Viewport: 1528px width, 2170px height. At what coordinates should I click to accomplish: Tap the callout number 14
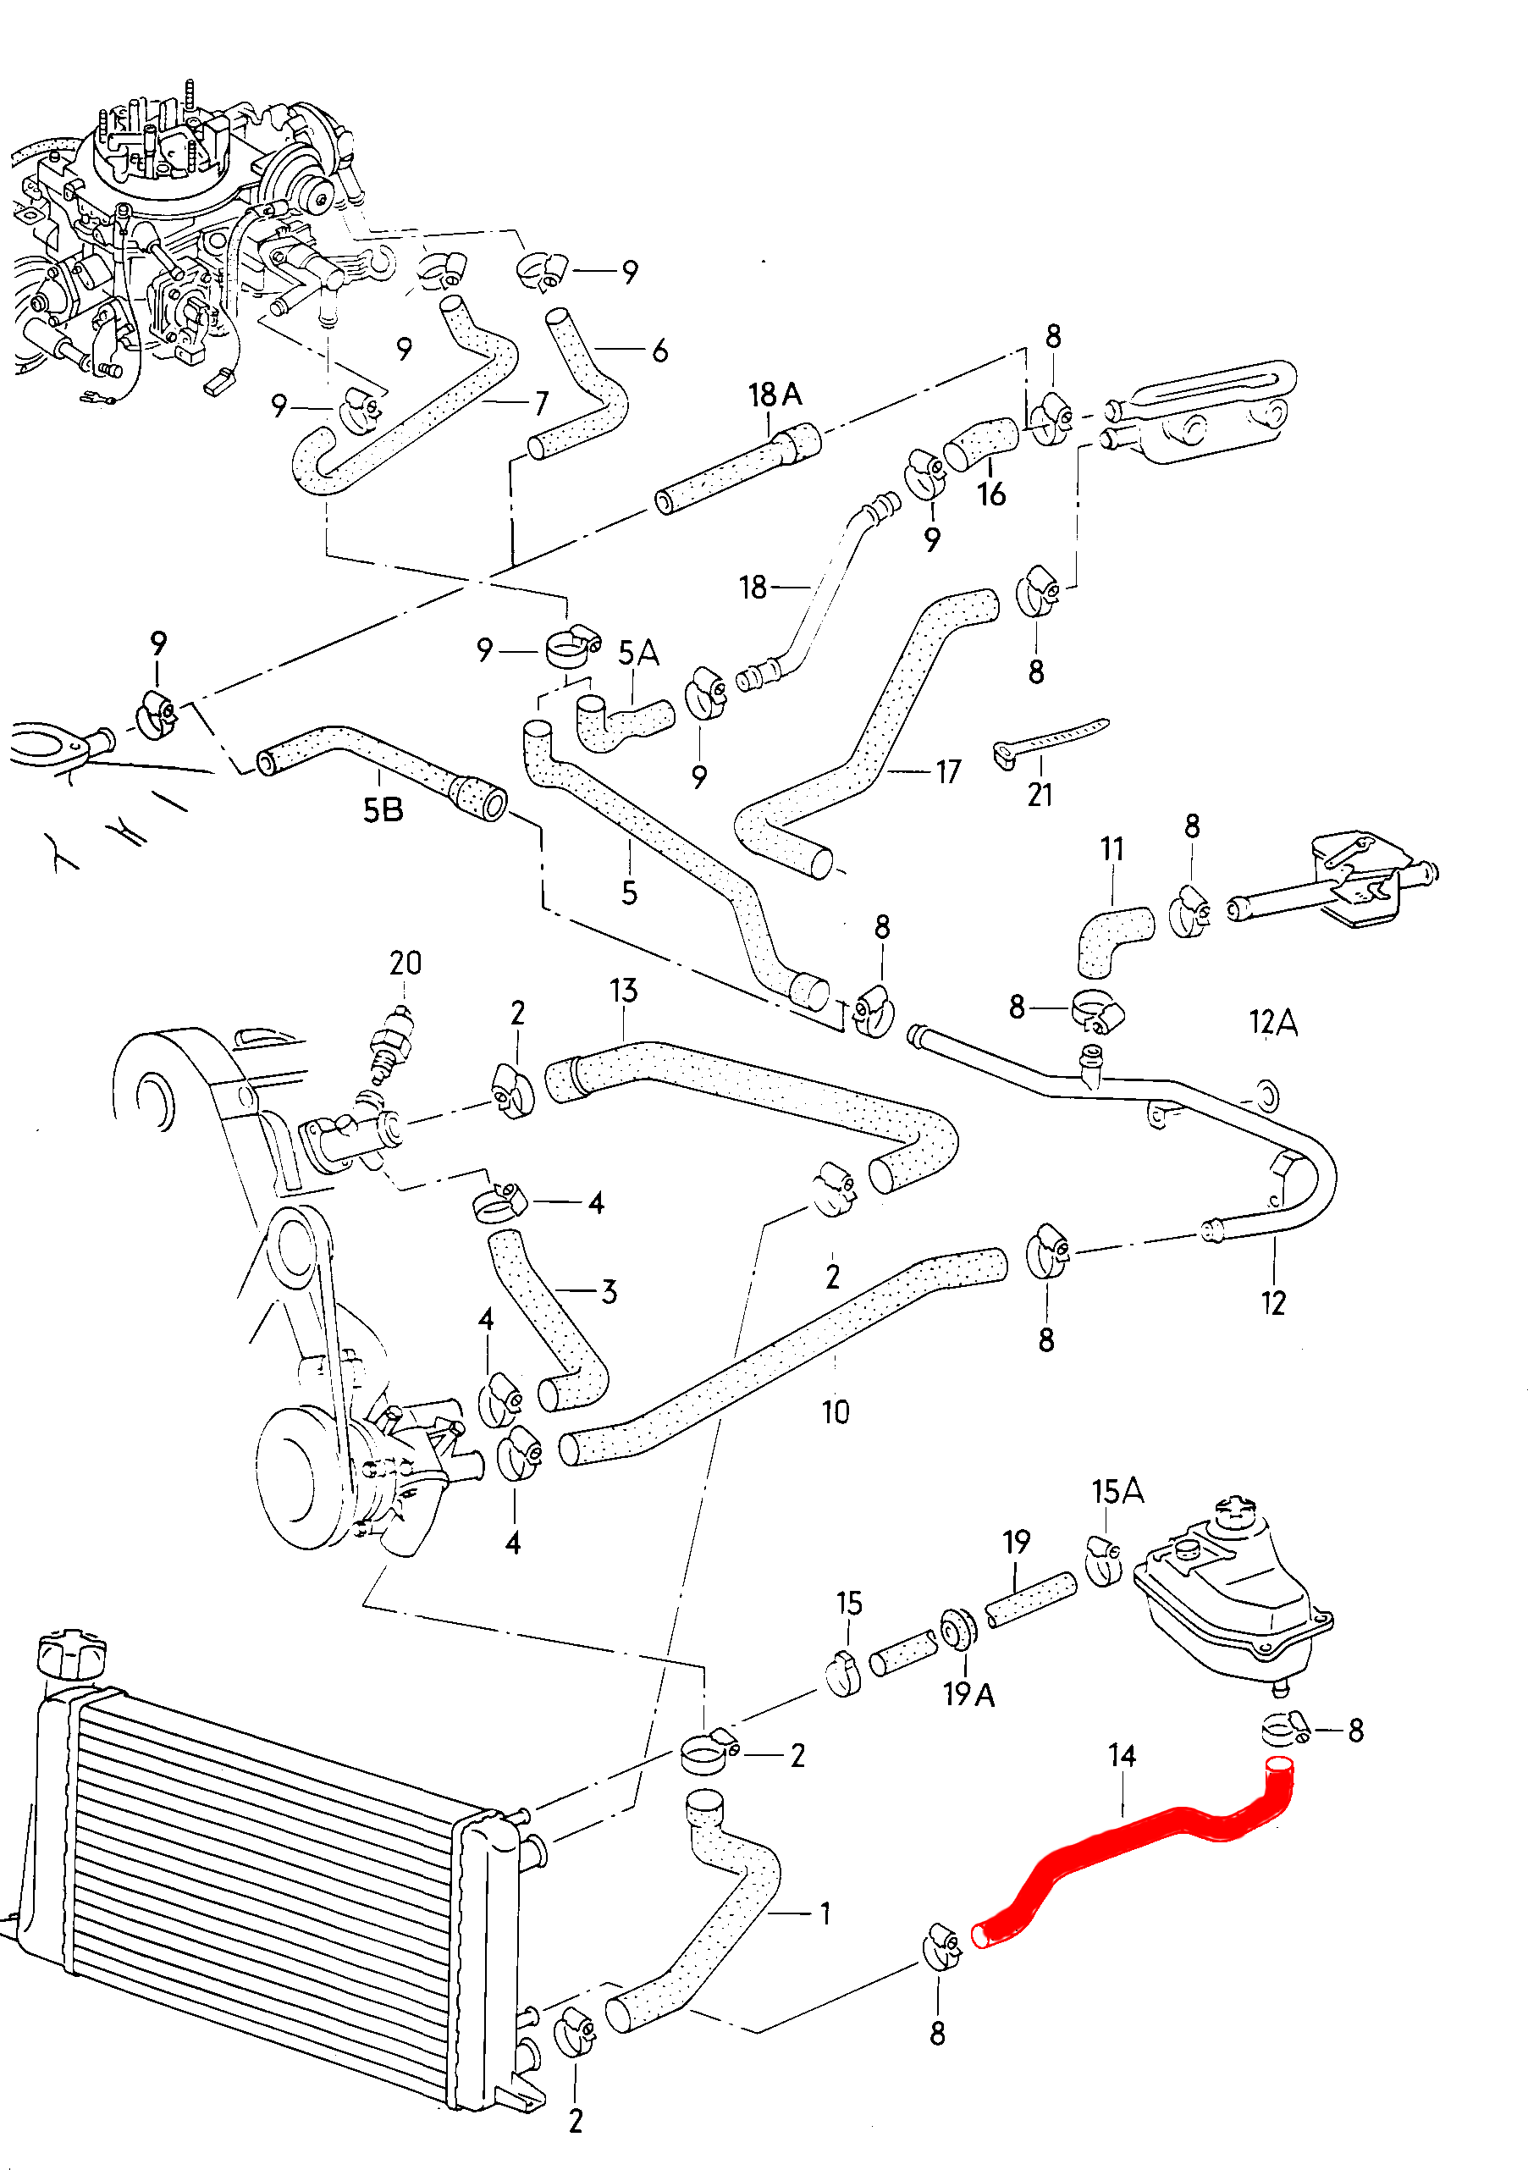click(1122, 1755)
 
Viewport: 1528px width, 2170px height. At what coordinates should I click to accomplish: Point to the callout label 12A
click(1273, 1022)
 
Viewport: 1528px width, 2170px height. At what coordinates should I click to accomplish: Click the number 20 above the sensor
click(405, 963)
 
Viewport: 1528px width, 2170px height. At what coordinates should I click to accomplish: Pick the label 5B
click(383, 810)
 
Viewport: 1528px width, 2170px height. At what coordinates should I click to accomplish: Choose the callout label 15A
click(1118, 1492)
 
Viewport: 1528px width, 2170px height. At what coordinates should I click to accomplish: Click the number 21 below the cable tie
click(1040, 795)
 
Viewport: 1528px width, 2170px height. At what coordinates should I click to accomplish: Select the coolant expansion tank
click(1228, 1587)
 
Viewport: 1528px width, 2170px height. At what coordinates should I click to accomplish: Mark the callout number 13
click(624, 991)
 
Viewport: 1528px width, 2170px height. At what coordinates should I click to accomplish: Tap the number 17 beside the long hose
click(949, 772)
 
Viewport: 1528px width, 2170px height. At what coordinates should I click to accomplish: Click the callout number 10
click(836, 1412)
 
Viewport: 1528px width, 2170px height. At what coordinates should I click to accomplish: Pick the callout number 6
click(659, 351)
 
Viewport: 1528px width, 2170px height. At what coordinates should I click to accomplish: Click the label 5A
click(639, 653)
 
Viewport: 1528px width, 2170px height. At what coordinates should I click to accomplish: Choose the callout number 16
click(991, 494)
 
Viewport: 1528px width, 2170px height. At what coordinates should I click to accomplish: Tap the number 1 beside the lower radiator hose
click(825, 1913)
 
